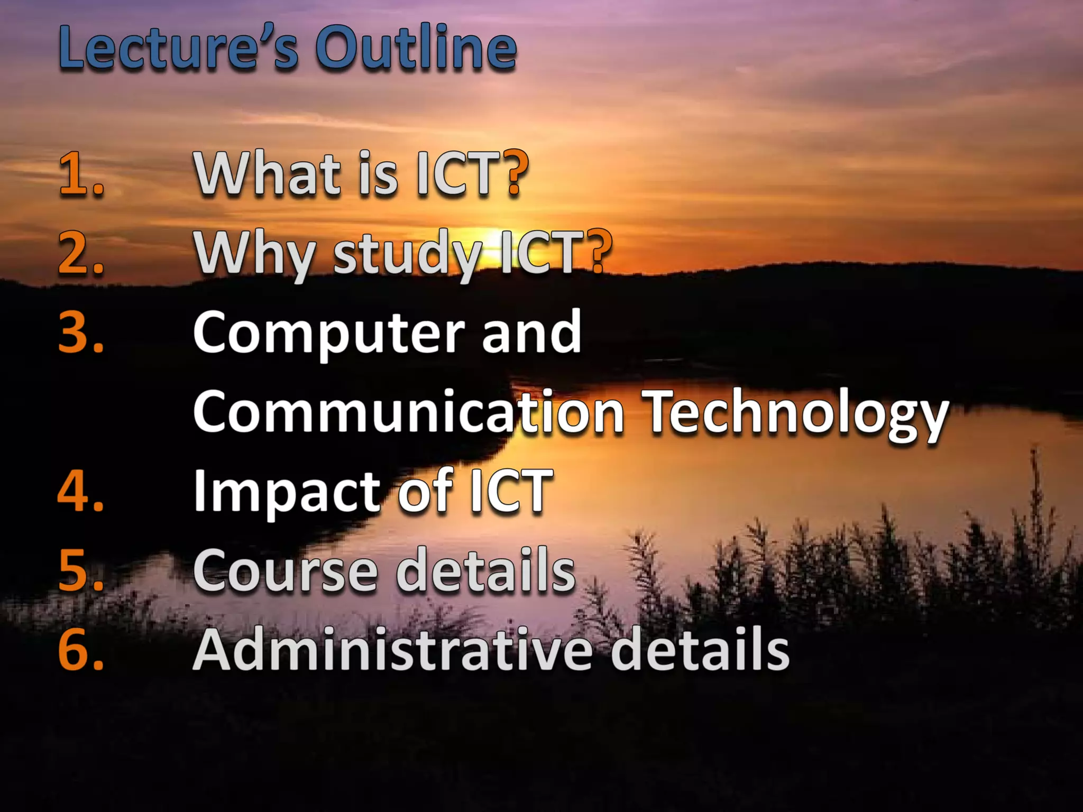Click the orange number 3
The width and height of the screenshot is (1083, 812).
point(80,332)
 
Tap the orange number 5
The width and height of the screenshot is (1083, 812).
point(80,570)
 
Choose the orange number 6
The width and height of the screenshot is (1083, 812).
point(80,649)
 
